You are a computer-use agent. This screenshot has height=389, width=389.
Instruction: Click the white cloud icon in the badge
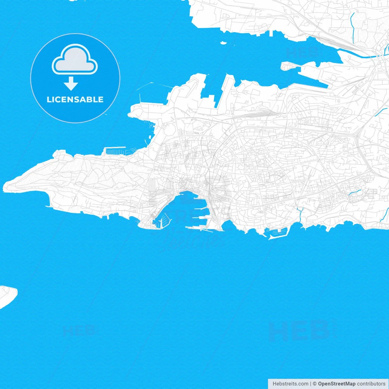[75, 59]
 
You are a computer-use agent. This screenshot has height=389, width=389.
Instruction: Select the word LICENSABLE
[75, 99]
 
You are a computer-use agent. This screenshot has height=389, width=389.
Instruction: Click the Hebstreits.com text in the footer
[290, 384]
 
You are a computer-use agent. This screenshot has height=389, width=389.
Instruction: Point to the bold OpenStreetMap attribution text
[337, 384]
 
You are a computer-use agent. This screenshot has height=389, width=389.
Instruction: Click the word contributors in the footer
[371, 384]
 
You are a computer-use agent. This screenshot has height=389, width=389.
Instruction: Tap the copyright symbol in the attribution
[315, 384]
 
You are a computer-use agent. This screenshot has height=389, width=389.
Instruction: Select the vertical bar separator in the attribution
[311, 384]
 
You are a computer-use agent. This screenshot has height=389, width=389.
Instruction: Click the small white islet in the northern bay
[223, 43]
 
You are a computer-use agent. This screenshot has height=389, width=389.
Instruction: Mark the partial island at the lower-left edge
[7, 295]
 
